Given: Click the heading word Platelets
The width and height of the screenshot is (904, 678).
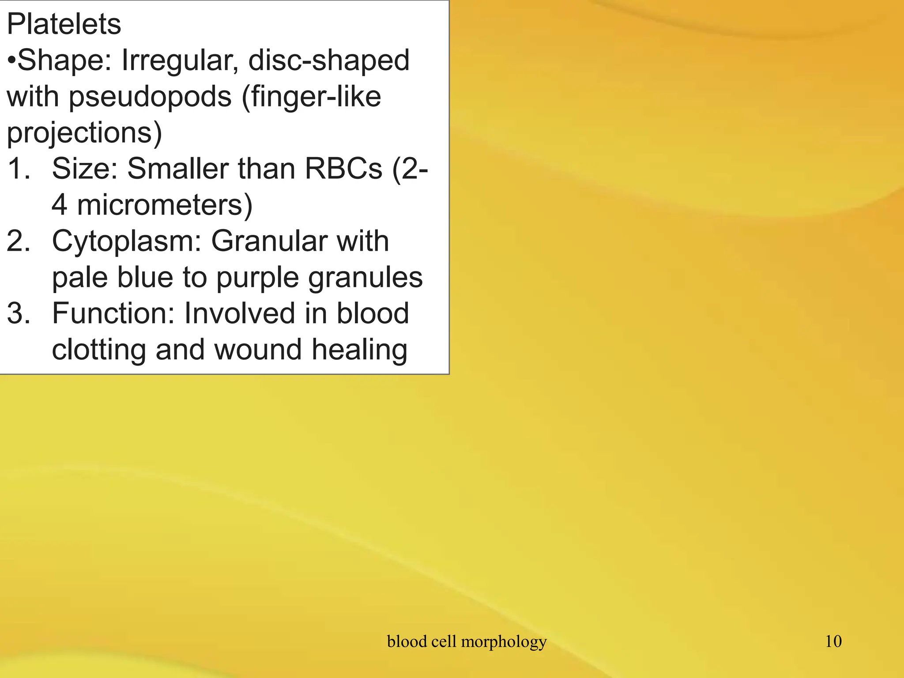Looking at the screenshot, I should (x=64, y=24).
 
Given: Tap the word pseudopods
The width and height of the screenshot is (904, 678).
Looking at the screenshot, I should (x=150, y=97).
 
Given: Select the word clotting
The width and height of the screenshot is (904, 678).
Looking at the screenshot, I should (x=99, y=350).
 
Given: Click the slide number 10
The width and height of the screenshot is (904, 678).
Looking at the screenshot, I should (x=833, y=641).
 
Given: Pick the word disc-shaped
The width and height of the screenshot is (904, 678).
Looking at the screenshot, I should (x=329, y=60).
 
